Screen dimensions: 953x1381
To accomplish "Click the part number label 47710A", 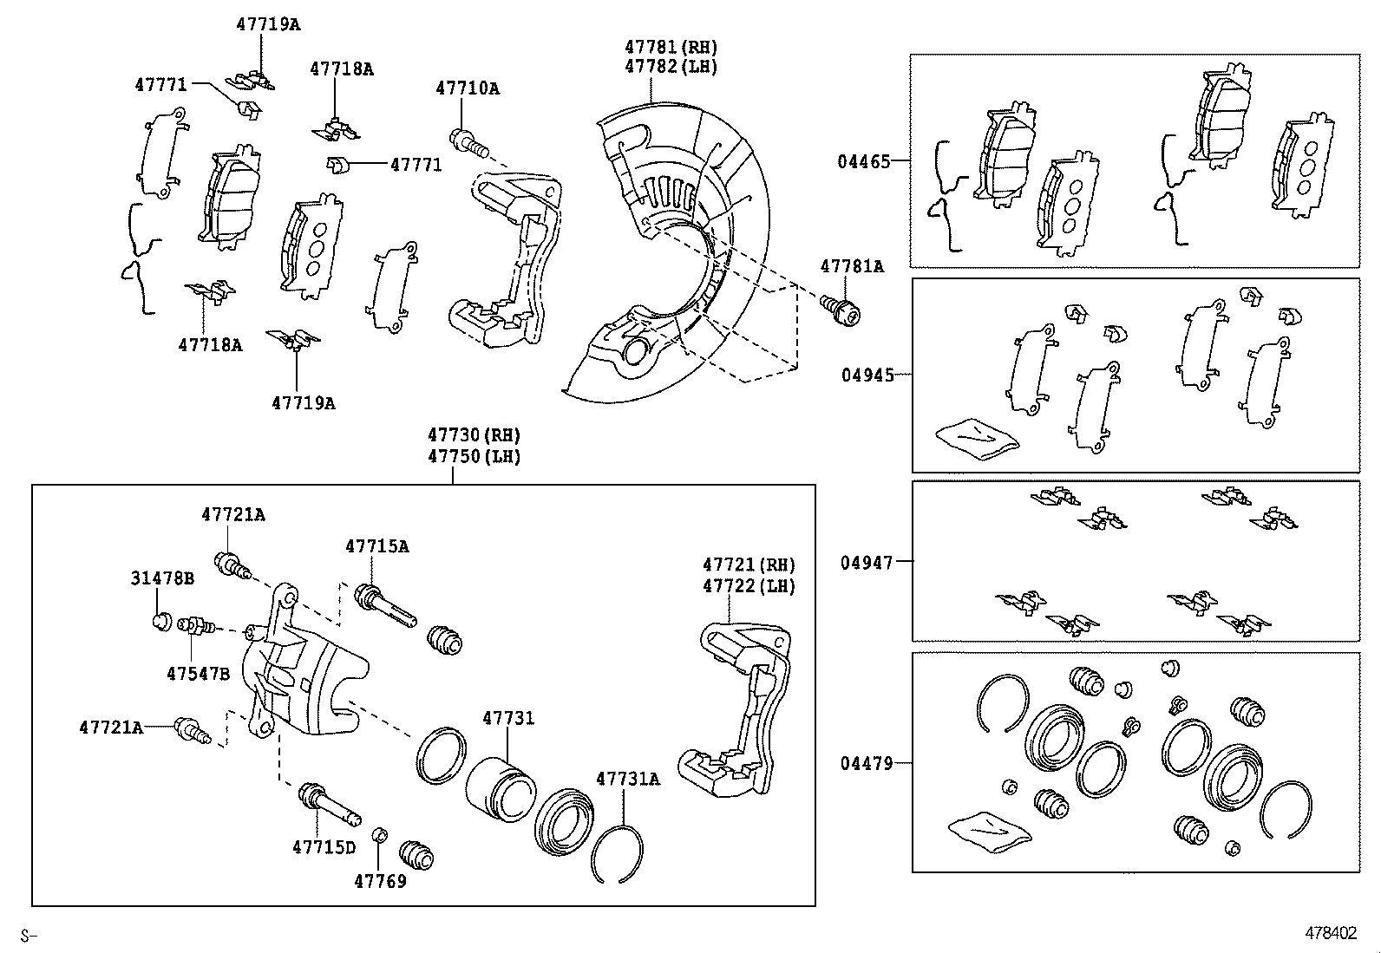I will [x=467, y=88].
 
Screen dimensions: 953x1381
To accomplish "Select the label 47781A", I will [x=851, y=267].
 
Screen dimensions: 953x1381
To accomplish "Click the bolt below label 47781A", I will [x=841, y=310].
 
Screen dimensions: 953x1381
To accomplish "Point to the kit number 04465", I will [x=863, y=161].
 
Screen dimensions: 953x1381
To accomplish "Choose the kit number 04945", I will [x=867, y=375].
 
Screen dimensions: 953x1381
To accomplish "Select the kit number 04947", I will [x=866, y=563].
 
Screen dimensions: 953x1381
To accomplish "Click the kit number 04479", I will [x=866, y=764].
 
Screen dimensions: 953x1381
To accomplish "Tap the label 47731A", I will [x=627, y=779].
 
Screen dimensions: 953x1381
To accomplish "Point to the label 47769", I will [x=380, y=882].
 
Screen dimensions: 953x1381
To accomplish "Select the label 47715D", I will [x=324, y=847].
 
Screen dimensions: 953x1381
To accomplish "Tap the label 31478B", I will [x=162, y=578].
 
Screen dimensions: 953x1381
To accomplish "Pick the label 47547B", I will [x=198, y=673].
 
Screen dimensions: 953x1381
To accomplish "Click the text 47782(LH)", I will [x=671, y=67].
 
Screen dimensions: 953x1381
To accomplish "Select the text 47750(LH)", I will [x=473, y=456].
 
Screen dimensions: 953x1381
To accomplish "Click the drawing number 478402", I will [x=1332, y=933].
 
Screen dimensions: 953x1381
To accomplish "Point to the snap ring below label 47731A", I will [x=617, y=853].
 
